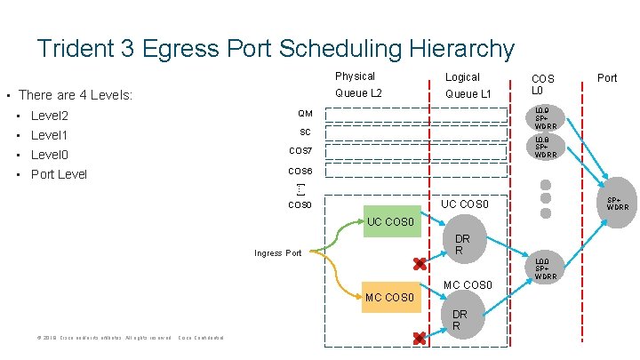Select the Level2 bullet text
(x=50, y=116)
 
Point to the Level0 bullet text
(x=50, y=155)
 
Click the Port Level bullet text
(x=59, y=174)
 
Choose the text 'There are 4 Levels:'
(x=76, y=94)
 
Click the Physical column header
(x=355, y=76)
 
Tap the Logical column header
(x=462, y=77)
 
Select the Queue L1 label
(x=468, y=94)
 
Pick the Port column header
(x=607, y=78)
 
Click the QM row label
(x=305, y=114)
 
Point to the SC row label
(x=305, y=132)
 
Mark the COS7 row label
(x=300, y=151)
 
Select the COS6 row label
(x=300, y=171)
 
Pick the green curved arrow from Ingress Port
(x=342, y=232)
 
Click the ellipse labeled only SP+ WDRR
(x=615, y=204)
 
